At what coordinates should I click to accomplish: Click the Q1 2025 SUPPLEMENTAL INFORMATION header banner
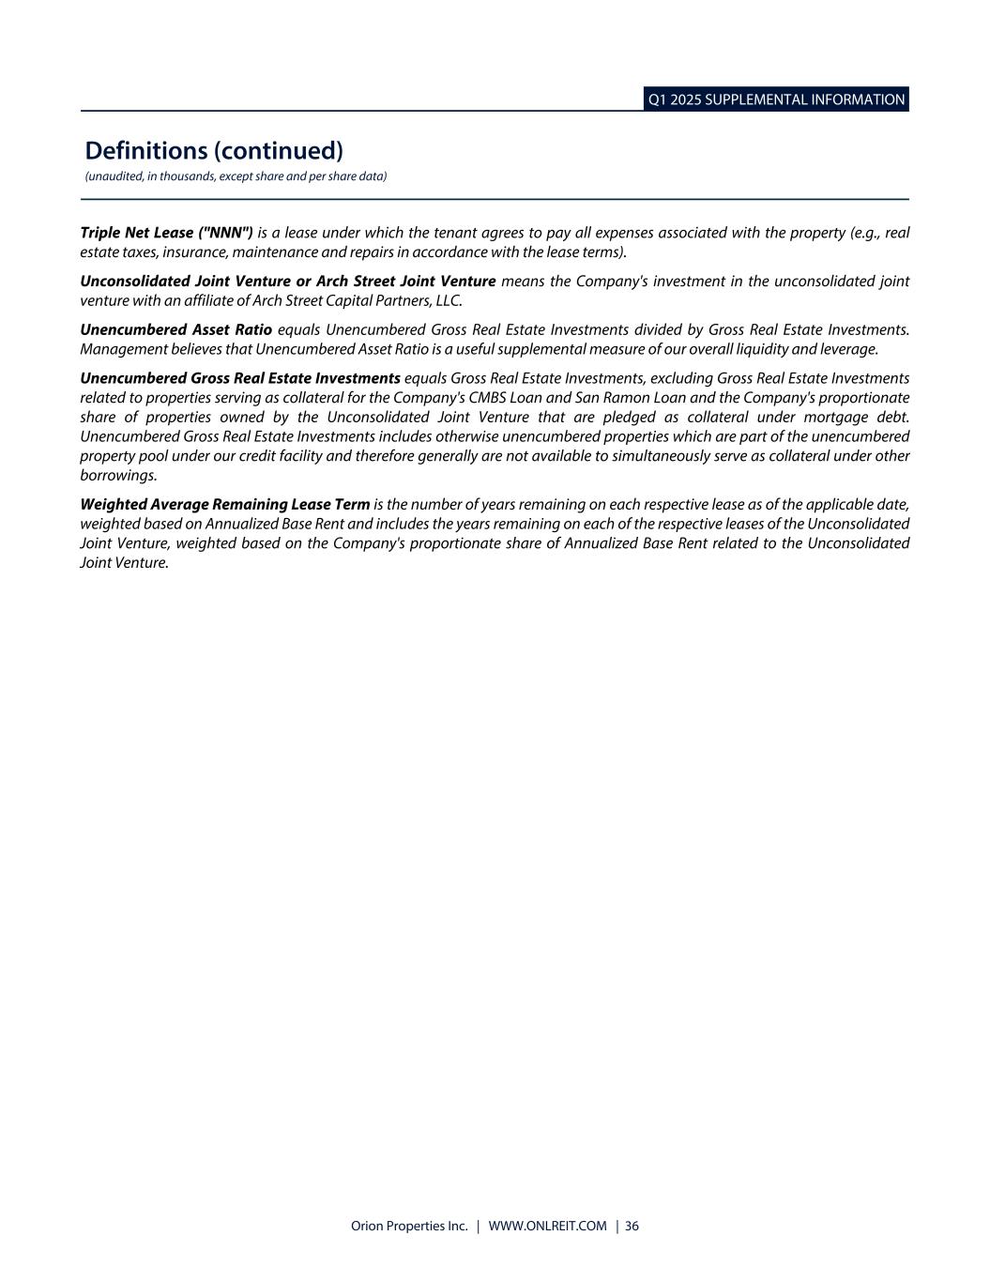pos(776,99)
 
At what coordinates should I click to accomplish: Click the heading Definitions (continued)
pos(214,150)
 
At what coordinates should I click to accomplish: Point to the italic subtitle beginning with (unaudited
pos(236,176)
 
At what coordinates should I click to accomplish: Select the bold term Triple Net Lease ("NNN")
pos(167,233)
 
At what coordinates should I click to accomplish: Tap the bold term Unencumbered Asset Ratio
pos(175,329)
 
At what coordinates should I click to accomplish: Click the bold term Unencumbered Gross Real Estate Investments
pos(240,378)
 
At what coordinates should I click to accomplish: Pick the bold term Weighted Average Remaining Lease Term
pos(225,504)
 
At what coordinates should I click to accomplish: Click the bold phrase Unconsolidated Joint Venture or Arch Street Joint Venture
pos(287,282)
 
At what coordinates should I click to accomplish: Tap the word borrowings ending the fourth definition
pos(117,475)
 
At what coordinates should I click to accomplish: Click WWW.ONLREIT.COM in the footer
pos(548,1226)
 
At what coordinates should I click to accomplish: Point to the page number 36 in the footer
pos(632,1226)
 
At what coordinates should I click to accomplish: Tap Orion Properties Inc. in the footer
pos(408,1226)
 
